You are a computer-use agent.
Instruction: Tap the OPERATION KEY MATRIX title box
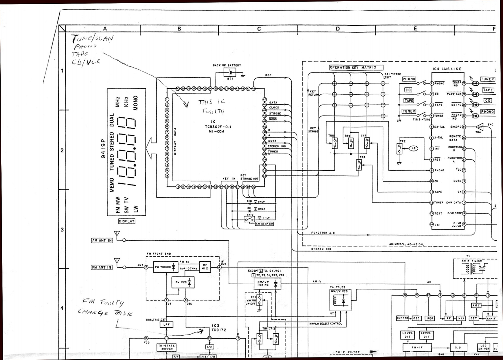click(x=353, y=67)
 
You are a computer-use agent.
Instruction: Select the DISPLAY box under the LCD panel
click(x=127, y=221)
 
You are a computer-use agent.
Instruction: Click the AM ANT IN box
click(x=102, y=240)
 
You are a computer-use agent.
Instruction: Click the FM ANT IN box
click(x=102, y=267)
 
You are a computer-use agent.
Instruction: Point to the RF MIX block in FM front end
click(x=205, y=267)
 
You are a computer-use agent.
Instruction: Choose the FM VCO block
click(x=183, y=282)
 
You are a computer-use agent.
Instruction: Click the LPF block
click(x=166, y=325)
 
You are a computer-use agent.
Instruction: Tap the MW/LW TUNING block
click(x=268, y=283)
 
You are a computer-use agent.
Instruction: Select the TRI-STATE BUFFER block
click(x=167, y=347)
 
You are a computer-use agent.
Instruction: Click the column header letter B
click(x=179, y=29)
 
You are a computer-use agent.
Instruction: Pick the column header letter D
click(x=337, y=29)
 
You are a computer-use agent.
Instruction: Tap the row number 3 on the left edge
click(x=62, y=230)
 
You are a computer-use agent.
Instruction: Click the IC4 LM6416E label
click(x=447, y=69)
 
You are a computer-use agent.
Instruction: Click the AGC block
click(x=476, y=305)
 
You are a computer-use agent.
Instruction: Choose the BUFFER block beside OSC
click(x=402, y=318)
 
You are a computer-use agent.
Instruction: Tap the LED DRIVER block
click(x=484, y=347)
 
